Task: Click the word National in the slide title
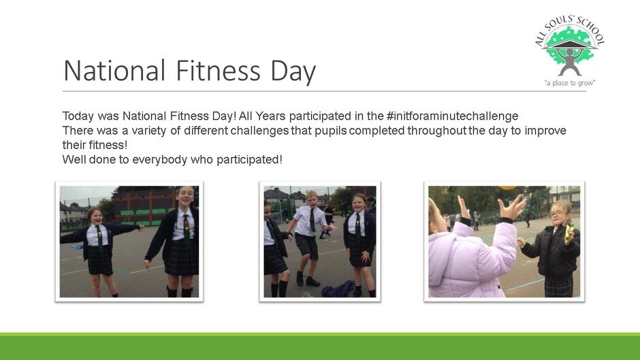pyautogui.click(x=114, y=70)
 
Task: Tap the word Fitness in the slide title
pyautogui.click(x=218, y=70)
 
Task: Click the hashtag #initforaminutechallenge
pyautogui.click(x=452, y=116)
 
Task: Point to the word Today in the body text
pyautogui.click(x=78, y=116)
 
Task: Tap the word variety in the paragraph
pyautogui.click(x=149, y=131)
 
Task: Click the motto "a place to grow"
pyautogui.click(x=570, y=83)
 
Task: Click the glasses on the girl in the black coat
pyautogui.click(x=557, y=214)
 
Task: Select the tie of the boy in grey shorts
pyautogui.click(x=313, y=220)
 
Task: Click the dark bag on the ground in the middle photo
pyautogui.click(x=338, y=289)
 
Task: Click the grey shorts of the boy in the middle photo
pyautogui.click(x=306, y=246)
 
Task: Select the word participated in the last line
pyautogui.click(x=249, y=160)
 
